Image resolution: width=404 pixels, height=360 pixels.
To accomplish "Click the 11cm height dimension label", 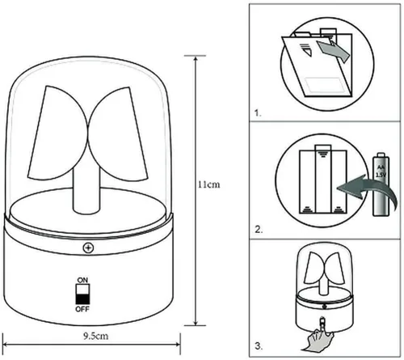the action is tap(209, 184).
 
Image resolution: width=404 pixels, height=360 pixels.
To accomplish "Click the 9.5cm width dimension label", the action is tap(96, 336).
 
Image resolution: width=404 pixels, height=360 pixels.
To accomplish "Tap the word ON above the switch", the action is tap(82, 280).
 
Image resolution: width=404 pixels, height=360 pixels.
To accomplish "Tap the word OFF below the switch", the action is tap(82, 309).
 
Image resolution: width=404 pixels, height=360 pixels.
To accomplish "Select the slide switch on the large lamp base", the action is tap(82, 294).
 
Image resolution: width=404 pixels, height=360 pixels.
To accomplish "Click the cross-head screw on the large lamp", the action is tap(88, 248).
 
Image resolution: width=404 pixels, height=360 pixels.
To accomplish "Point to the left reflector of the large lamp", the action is tap(58, 133).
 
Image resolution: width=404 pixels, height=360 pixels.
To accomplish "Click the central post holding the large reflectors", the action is tap(86, 192).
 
